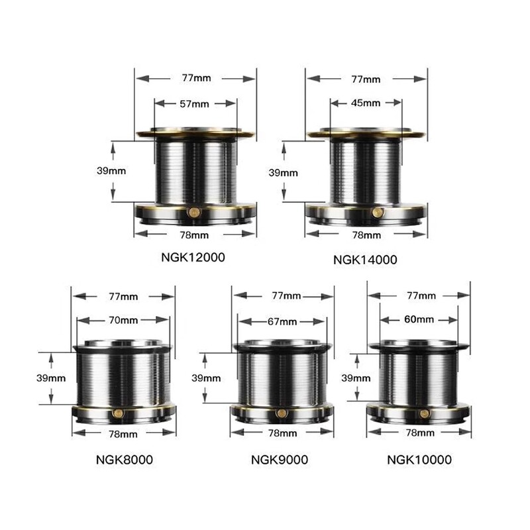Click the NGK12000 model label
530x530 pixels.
(x=193, y=257)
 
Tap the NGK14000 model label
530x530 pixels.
(x=365, y=260)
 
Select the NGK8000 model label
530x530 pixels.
(x=125, y=460)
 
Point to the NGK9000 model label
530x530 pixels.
(x=280, y=460)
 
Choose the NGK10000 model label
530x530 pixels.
(x=419, y=460)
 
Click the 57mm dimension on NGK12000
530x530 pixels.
(x=194, y=104)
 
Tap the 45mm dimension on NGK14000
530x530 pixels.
(x=366, y=103)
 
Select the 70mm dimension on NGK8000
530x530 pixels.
(x=123, y=320)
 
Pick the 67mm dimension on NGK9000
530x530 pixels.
(x=282, y=321)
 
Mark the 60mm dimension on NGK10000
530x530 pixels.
(x=419, y=319)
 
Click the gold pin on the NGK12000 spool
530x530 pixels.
(x=194, y=212)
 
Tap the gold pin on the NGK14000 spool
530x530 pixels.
(x=378, y=213)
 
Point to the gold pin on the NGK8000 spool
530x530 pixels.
(x=118, y=413)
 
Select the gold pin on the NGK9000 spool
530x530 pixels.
(x=281, y=413)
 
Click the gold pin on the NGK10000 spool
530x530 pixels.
(x=424, y=413)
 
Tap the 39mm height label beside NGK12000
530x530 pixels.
(x=111, y=171)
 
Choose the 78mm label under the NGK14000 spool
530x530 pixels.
(x=366, y=235)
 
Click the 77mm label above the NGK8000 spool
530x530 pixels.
(x=123, y=296)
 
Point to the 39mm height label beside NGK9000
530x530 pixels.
(x=206, y=378)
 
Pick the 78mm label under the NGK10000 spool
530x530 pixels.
(x=420, y=433)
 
